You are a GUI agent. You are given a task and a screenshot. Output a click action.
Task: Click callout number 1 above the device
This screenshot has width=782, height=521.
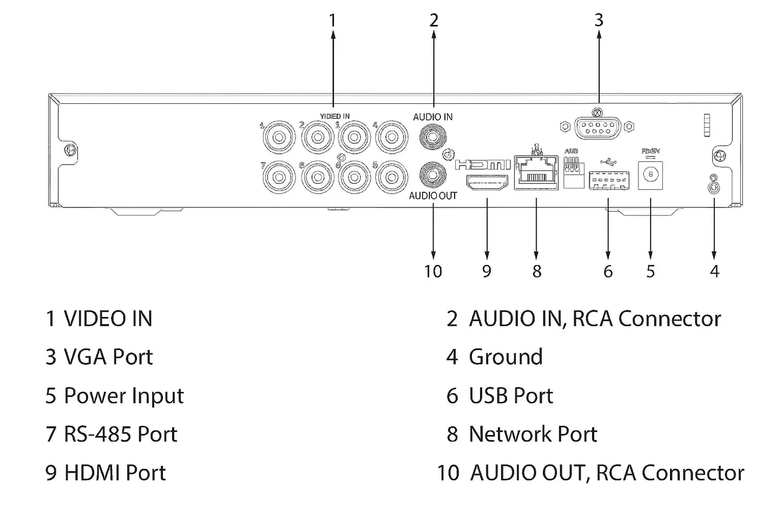coord(332,21)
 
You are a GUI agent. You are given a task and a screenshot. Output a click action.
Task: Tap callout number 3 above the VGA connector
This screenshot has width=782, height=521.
coord(599,20)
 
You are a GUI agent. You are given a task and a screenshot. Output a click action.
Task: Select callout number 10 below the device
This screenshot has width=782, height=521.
coord(433,271)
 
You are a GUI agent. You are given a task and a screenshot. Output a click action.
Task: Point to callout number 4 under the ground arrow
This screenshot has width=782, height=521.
coord(714,271)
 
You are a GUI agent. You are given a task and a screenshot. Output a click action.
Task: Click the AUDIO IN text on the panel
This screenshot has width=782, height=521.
coord(432,117)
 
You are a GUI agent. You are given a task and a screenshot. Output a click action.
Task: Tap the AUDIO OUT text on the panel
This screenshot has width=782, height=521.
coord(432,196)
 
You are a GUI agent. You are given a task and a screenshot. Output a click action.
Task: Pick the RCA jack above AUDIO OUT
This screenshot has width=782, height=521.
coord(433,175)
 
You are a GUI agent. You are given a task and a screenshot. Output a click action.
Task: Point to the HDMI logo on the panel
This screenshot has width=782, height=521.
coord(483,164)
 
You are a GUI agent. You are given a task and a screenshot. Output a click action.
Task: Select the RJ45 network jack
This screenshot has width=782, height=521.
coord(536,173)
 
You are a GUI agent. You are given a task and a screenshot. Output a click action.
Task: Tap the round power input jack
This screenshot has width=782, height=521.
coord(650,176)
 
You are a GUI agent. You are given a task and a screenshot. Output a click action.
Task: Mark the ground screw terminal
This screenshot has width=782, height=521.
coord(714,187)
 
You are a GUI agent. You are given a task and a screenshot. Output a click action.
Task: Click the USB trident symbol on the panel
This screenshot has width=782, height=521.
coord(609,161)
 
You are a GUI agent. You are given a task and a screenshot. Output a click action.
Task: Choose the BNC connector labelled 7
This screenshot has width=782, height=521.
coord(279,177)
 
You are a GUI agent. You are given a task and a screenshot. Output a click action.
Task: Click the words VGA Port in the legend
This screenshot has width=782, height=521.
coord(108,357)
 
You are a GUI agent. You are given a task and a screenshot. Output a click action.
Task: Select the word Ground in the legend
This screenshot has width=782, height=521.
coord(505,357)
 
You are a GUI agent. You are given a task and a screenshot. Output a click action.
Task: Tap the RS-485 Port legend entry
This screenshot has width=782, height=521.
coord(120,434)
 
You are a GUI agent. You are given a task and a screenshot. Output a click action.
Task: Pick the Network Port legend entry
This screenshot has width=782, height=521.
coord(533,434)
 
